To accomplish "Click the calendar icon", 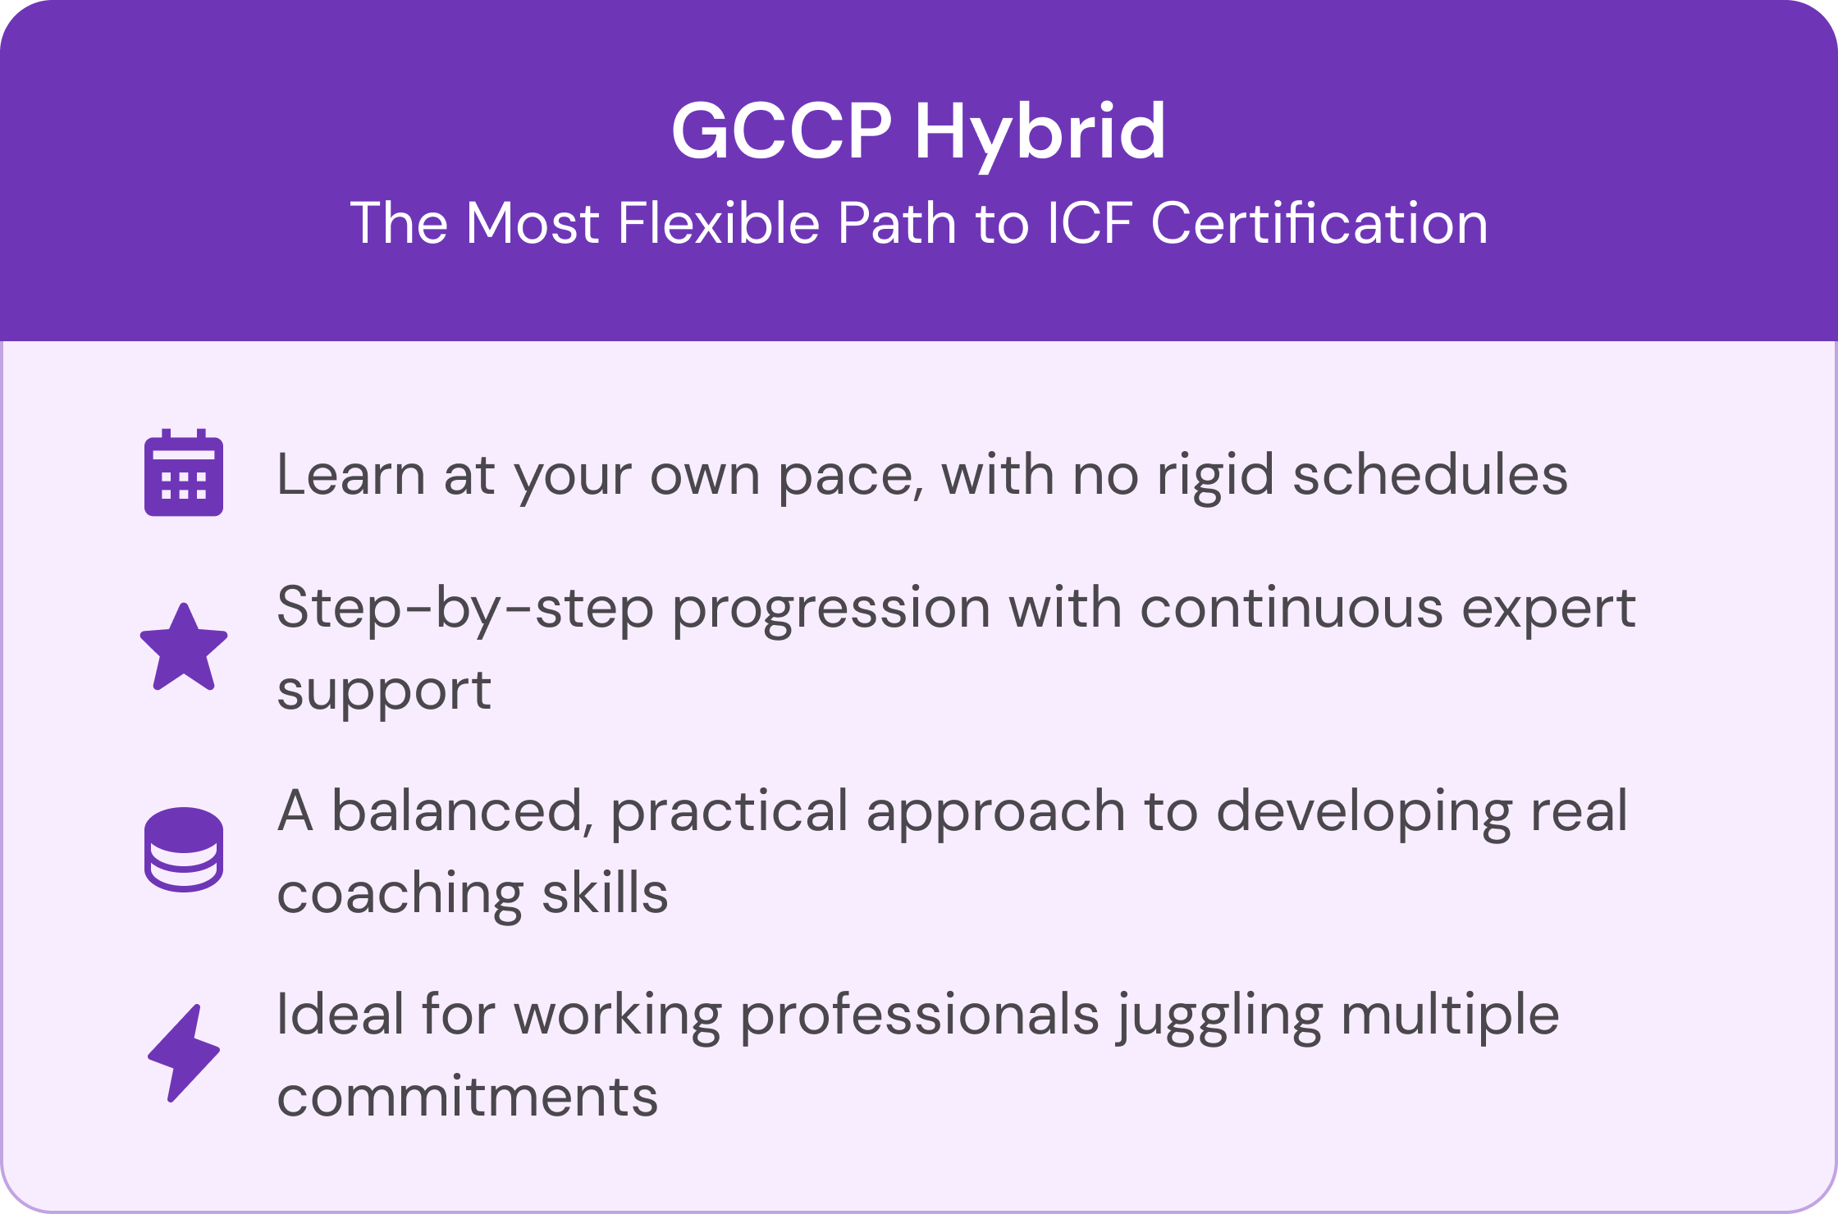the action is click(184, 472).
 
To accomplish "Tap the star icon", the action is click(184, 647).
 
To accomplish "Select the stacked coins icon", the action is click(184, 849).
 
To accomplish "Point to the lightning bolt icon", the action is click(184, 1052).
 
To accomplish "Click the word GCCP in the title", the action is click(782, 131).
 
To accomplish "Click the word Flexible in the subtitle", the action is click(719, 222).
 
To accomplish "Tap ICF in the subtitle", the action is click(1090, 223).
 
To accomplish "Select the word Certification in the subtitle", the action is click(1320, 222).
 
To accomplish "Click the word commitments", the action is click(468, 1097).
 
